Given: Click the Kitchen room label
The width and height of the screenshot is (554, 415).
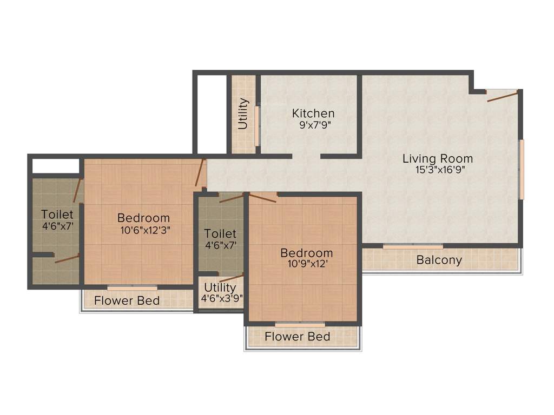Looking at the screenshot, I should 313,113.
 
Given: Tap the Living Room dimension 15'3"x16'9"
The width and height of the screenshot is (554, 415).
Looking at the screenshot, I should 437,169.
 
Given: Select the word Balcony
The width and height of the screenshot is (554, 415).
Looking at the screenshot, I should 439,260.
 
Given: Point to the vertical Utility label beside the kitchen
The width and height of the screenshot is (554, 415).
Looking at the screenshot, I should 243,114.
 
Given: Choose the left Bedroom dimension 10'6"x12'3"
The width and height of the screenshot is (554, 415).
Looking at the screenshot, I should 143,229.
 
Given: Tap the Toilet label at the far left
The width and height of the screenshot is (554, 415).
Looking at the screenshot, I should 57,214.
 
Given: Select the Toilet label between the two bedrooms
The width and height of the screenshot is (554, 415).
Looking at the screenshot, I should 220,233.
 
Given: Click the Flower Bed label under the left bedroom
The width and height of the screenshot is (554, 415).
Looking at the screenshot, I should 127,300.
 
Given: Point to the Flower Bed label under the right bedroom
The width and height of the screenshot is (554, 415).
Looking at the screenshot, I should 297,337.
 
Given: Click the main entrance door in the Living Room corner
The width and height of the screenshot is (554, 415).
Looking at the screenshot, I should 503,96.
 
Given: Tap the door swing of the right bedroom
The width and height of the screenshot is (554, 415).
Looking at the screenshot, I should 262,197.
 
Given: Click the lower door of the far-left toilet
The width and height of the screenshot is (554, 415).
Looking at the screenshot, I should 67,258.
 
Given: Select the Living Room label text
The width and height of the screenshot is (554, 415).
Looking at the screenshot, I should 437,158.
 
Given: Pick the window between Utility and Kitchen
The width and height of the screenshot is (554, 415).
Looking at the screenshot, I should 258,125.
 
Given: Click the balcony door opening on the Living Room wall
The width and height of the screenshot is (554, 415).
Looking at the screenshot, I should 413,246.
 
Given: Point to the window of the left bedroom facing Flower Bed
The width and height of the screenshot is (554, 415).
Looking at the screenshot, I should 132,287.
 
